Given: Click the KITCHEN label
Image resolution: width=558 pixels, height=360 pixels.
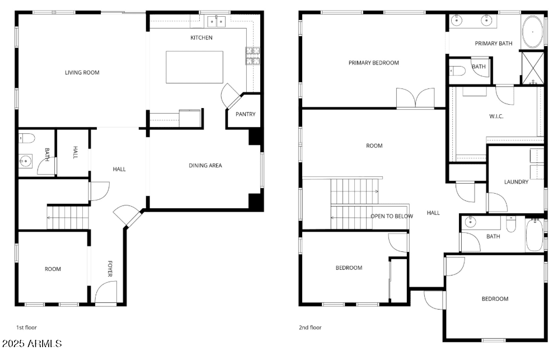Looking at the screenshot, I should pos(201,38).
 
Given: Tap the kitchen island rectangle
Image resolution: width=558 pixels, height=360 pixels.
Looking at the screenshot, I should pos(194,67).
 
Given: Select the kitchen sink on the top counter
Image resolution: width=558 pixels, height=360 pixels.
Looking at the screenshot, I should pos(216,21).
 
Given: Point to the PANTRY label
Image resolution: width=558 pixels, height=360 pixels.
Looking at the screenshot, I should pos(245,114).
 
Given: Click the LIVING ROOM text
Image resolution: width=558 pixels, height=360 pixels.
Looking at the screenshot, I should pos(82,72).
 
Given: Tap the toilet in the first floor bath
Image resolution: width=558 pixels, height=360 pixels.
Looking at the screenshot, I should pos(27,138).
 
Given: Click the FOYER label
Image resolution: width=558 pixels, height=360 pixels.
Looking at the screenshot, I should pos(110,269).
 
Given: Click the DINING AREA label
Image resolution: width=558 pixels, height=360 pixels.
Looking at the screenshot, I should pos(204,165).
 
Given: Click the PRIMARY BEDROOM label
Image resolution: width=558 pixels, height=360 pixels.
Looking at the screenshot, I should pos(373,63).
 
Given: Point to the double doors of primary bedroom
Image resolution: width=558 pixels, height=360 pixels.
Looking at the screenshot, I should pos(415,97).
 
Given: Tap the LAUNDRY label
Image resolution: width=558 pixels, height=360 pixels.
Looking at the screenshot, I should pos(516,181).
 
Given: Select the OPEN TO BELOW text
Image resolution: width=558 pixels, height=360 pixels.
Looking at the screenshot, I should pos(392,216).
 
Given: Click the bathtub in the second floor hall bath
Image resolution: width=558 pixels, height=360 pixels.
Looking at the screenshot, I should pos(534,236).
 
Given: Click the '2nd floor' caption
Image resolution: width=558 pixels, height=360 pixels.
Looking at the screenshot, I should pos(310,328).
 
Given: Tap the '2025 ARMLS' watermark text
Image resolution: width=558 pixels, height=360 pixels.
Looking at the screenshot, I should pos(32,343).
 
